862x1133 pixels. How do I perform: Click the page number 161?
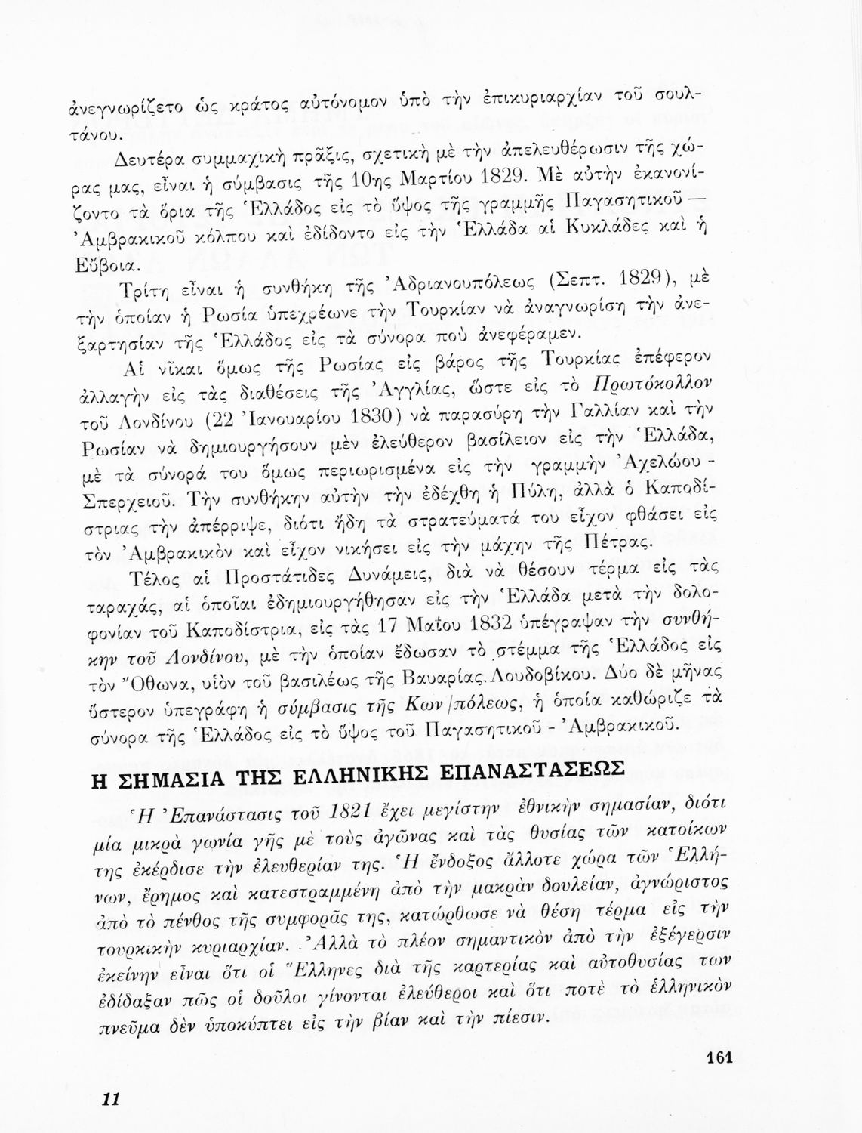click(x=721, y=1057)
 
